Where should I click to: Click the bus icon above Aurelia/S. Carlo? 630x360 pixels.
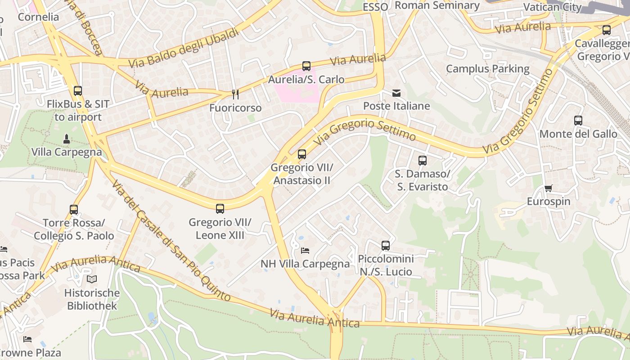click(306, 66)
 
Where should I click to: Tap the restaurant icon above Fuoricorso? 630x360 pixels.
click(235, 94)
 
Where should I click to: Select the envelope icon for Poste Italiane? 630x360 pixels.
click(396, 93)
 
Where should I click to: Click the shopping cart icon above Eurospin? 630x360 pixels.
click(548, 188)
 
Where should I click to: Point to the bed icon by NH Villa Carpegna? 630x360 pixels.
click(305, 250)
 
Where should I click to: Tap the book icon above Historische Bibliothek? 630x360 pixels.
click(92, 279)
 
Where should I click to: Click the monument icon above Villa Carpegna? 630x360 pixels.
click(67, 139)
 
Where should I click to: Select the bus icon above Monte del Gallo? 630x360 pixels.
click(578, 121)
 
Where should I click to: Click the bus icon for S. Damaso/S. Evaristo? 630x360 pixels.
click(422, 161)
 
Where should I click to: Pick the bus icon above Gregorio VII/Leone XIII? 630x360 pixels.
click(220, 209)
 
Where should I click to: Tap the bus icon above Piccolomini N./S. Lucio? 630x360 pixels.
click(386, 246)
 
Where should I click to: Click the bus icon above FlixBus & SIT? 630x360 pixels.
click(78, 91)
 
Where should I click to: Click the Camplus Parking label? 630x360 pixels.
click(487, 69)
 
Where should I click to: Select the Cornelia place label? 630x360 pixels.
click(38, 17)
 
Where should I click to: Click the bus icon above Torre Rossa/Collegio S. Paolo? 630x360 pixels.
click(74, 210)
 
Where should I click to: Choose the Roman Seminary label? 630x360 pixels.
click(437, 5)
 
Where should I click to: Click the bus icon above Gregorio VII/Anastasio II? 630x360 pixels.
click(302, 154)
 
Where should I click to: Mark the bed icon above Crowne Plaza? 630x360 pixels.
click(27, 339)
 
